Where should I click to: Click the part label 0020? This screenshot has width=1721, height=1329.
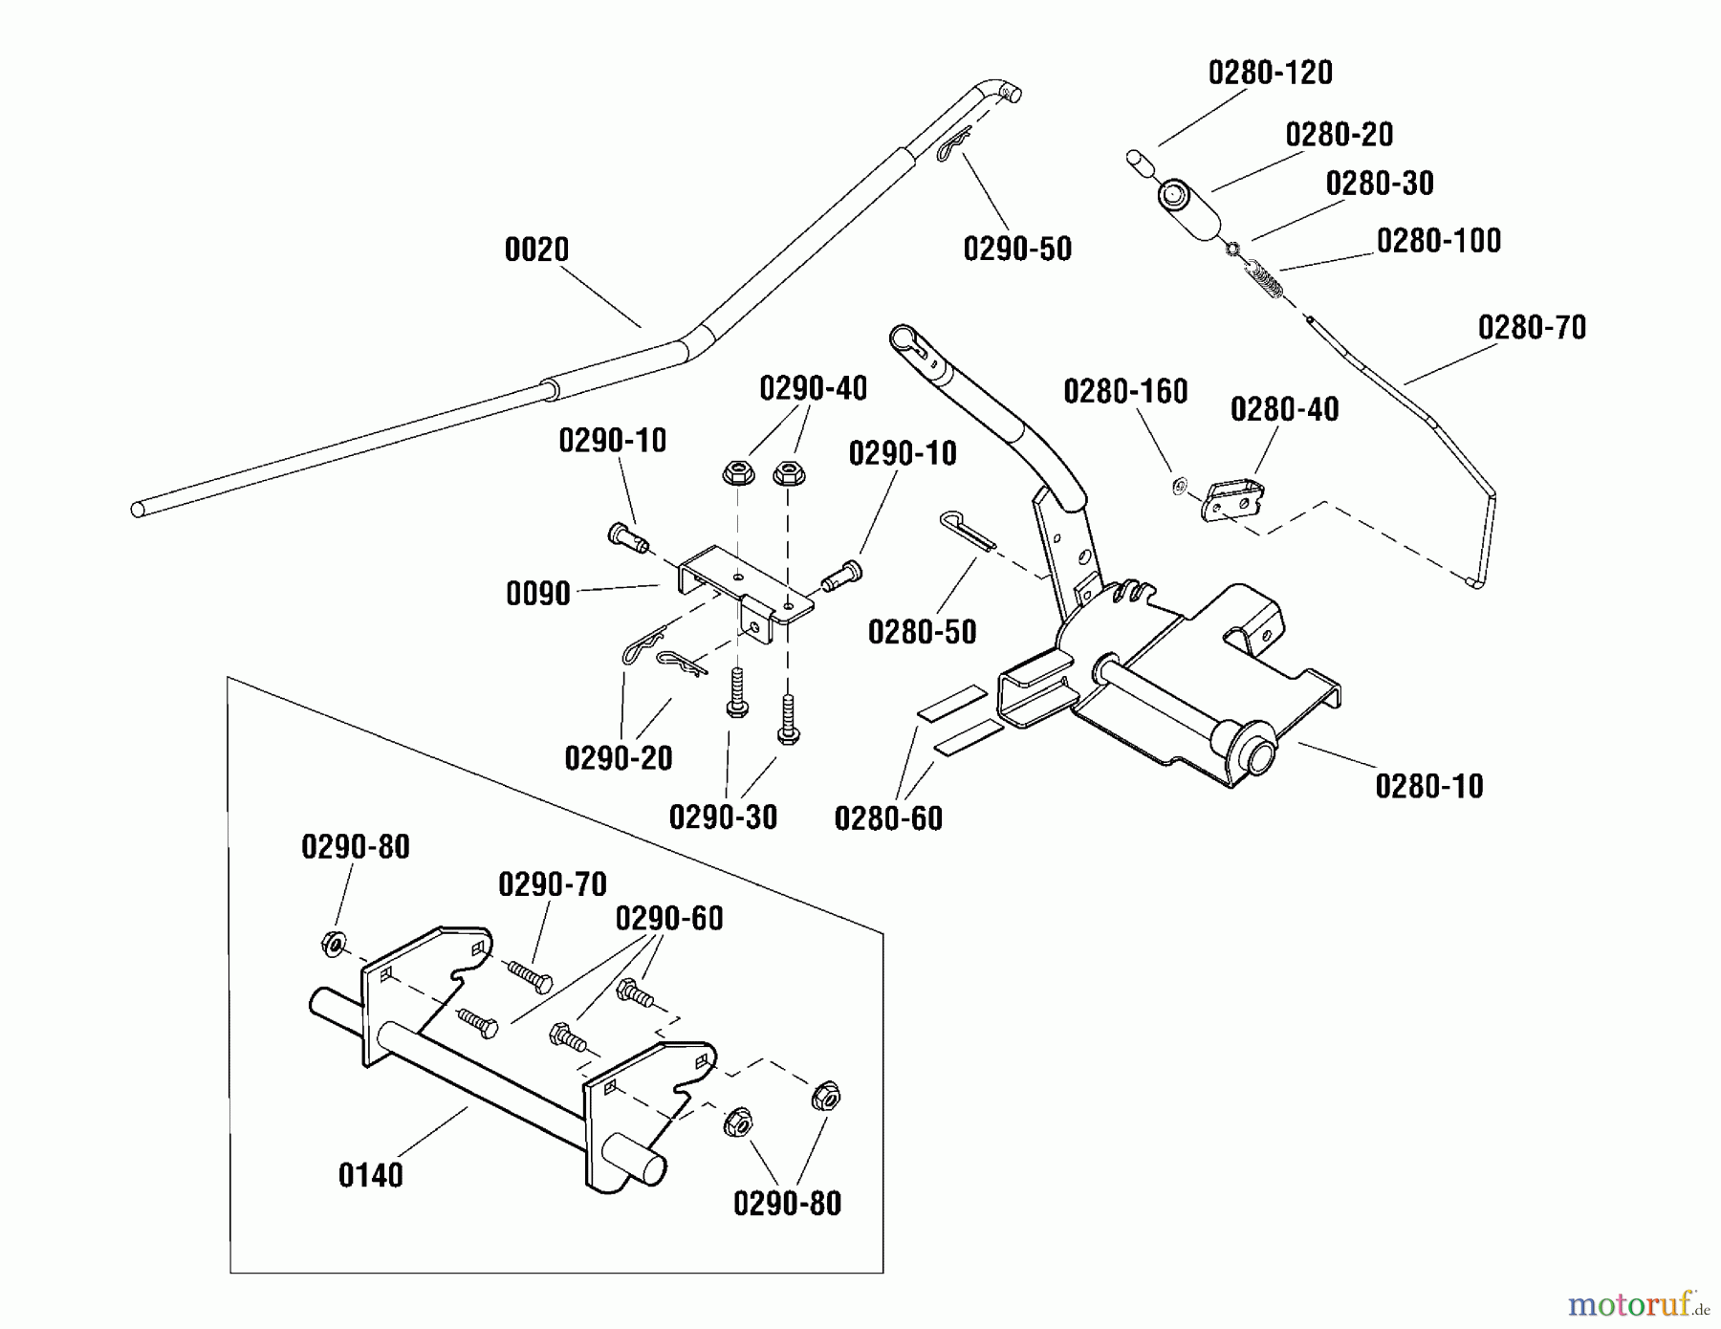point(536,251)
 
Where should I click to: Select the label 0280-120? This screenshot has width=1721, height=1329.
point(1270,74)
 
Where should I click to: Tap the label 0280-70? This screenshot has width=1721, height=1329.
point(1532,328)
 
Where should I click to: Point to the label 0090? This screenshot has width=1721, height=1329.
point(537,594)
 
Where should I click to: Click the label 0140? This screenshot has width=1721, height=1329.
point(371,1175)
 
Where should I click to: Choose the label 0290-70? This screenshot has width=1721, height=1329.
point(553,885)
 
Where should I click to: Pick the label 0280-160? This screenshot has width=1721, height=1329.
point(1125,392)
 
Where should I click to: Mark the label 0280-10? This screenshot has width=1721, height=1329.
point(1428,787)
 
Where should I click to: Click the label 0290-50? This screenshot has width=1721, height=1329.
point(1017,250)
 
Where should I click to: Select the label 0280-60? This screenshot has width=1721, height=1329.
point(888,818)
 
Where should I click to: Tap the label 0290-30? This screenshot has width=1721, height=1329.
point(723,817)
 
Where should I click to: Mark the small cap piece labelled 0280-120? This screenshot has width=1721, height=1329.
point(1139,162)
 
